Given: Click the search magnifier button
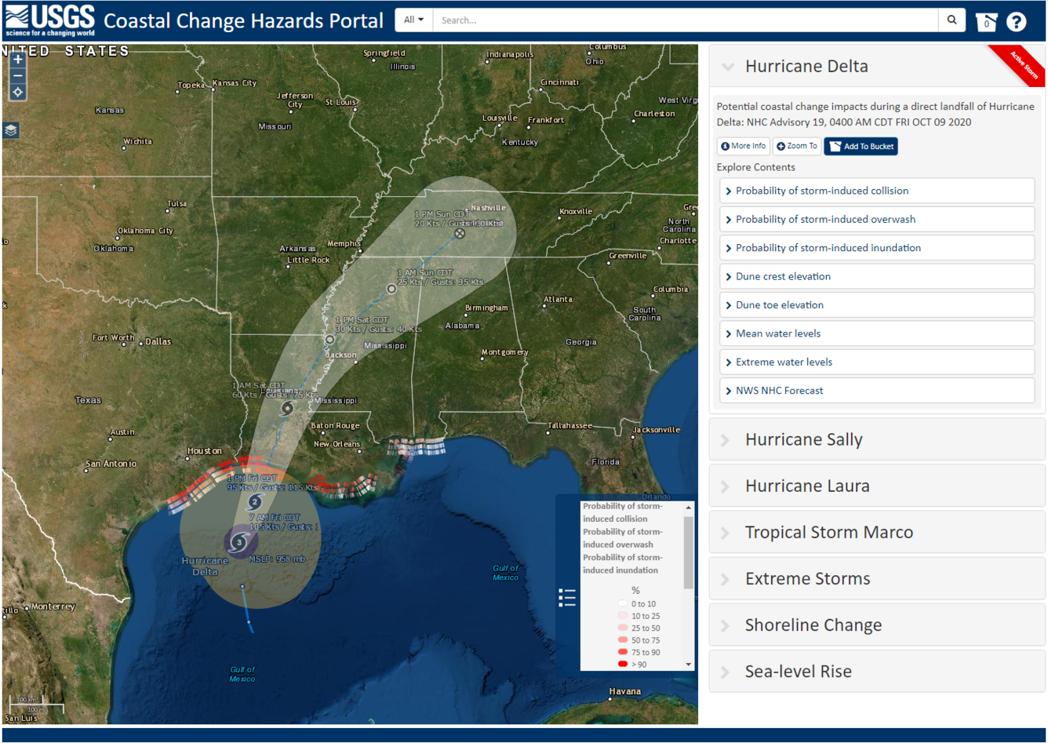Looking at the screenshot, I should click(952, 20).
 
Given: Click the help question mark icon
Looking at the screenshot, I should click(1016, 22).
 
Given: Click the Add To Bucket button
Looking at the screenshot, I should click(861, 147).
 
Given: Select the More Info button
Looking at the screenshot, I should click(743, 147).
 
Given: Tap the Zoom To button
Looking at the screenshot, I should click(796, 147).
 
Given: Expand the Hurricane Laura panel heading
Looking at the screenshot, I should click(806, 486).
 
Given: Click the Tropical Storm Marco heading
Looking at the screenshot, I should click(828, 533).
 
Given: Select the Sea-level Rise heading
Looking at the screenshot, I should click(798, 672).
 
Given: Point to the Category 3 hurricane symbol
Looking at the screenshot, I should click(239, 542).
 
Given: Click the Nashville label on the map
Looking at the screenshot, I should click(489, 208).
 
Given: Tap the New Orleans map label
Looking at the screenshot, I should click(337, 444).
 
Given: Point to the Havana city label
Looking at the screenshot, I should click(624, 692).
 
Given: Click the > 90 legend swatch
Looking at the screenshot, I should click(623, 665).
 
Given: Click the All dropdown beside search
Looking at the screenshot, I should click(413, 20).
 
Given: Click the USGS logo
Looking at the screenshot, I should click(49, 20).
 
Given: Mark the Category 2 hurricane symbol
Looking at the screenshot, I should click(254, 502).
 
